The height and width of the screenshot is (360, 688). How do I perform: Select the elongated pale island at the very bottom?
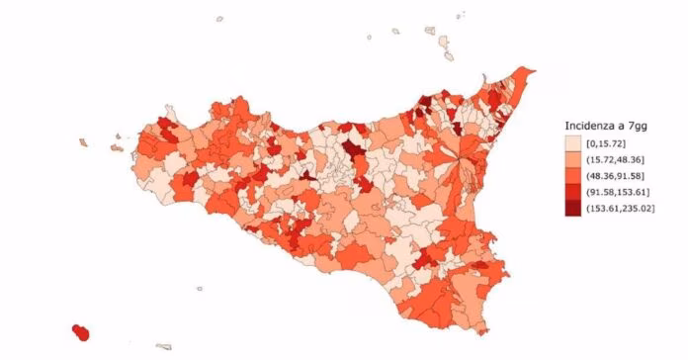[x=164, y=346]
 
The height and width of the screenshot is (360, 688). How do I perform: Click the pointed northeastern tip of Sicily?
[x=532, y=70]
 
